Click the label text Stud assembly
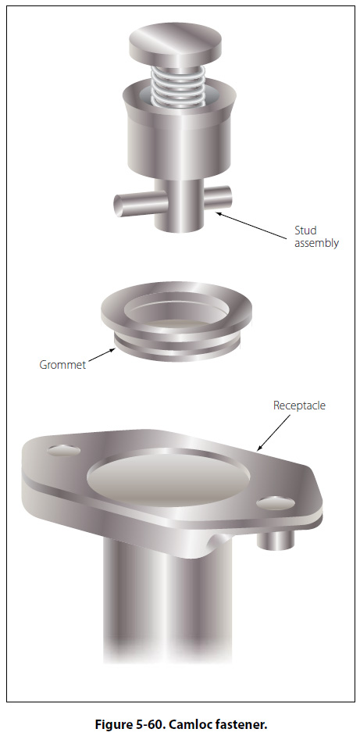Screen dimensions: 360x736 click(x=316, y=237)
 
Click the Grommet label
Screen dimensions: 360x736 click(x=62, y=365)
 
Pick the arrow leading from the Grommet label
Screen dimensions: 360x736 click(x=102, y=355)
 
